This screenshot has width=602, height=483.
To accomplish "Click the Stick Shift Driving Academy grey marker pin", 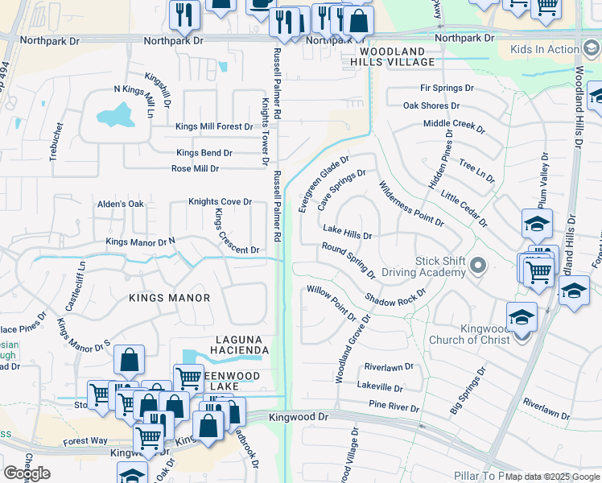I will click(x=479, y=265).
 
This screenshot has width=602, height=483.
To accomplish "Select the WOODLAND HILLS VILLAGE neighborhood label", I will click(x=392, y=56).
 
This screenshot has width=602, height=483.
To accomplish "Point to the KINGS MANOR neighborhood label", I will click(x=170, y=298).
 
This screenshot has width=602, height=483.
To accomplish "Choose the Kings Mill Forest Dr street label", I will click(x=215, y=126).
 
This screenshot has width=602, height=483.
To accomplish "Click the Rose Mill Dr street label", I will click(x=196, y=169).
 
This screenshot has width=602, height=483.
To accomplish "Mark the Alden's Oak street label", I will click(x=120, y=204).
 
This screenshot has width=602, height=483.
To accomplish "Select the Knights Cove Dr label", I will click(x=220, y=202).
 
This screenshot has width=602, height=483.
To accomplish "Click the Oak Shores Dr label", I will click(x=431, y=105).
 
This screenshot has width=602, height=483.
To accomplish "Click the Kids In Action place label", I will click(x=544, y=49).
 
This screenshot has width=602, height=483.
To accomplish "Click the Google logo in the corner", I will click(x=27, y=473).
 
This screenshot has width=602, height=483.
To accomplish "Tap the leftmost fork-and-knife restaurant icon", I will click(x=184, y=14).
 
